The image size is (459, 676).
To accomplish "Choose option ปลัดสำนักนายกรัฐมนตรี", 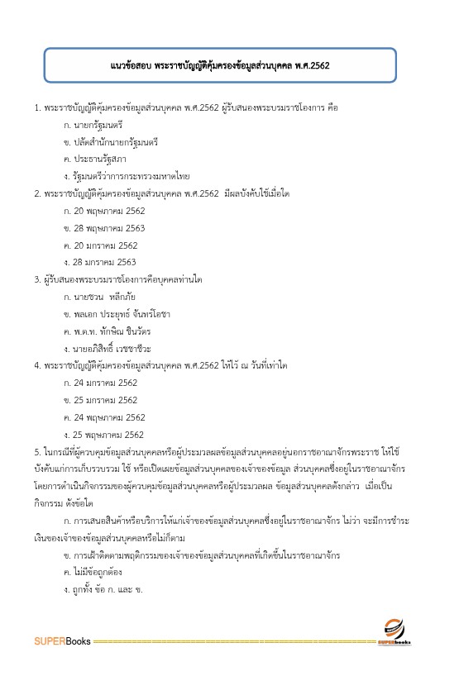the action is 115,141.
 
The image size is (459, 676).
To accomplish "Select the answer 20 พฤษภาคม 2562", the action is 108,211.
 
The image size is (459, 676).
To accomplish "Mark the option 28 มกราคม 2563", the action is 104,263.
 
